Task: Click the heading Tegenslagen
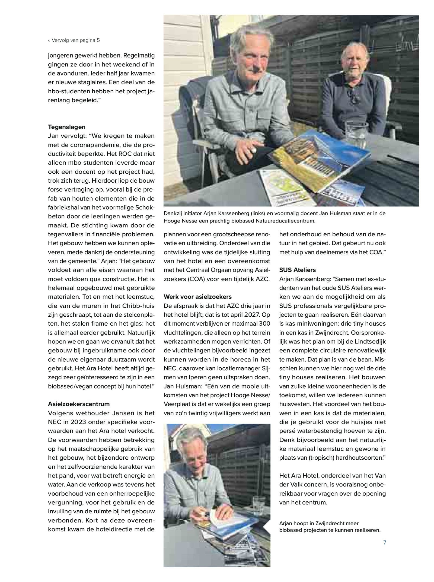[x=67, y=127]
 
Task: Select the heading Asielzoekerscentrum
[x=79, y=404]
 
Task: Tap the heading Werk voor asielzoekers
[x=198, y=297]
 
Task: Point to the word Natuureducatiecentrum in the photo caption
[x=286, y=221]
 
